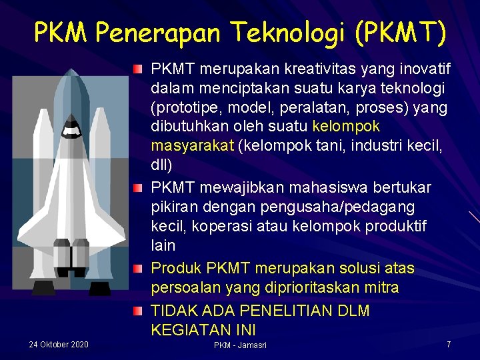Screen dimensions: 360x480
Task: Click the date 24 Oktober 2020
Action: pos(59,345)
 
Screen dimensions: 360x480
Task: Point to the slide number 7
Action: pos(449,344)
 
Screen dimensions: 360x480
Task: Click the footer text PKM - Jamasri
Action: pos(240,345)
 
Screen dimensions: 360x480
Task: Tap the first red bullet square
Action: pos(137,69)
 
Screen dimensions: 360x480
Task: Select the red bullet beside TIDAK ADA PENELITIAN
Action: pos(137,311)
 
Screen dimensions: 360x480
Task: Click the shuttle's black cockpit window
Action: pos(70,131)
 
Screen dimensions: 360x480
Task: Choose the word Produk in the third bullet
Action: pos(176,268)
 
